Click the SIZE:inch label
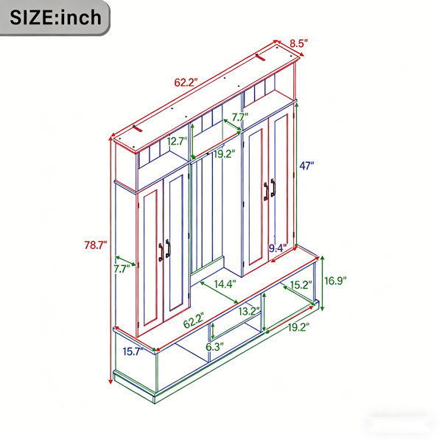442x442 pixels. tap(55, 18)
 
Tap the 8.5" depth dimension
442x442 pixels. tap(299, 43)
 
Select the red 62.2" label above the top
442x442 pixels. tap(186, 83)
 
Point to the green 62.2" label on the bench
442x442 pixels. tap(194, 320)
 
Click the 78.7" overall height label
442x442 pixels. tap(96, 245)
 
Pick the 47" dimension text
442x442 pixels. tap(306, 166)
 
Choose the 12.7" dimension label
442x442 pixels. tap(177, 141)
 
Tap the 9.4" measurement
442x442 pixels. tap(278, 248)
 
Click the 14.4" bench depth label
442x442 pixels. tap(225, 284)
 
